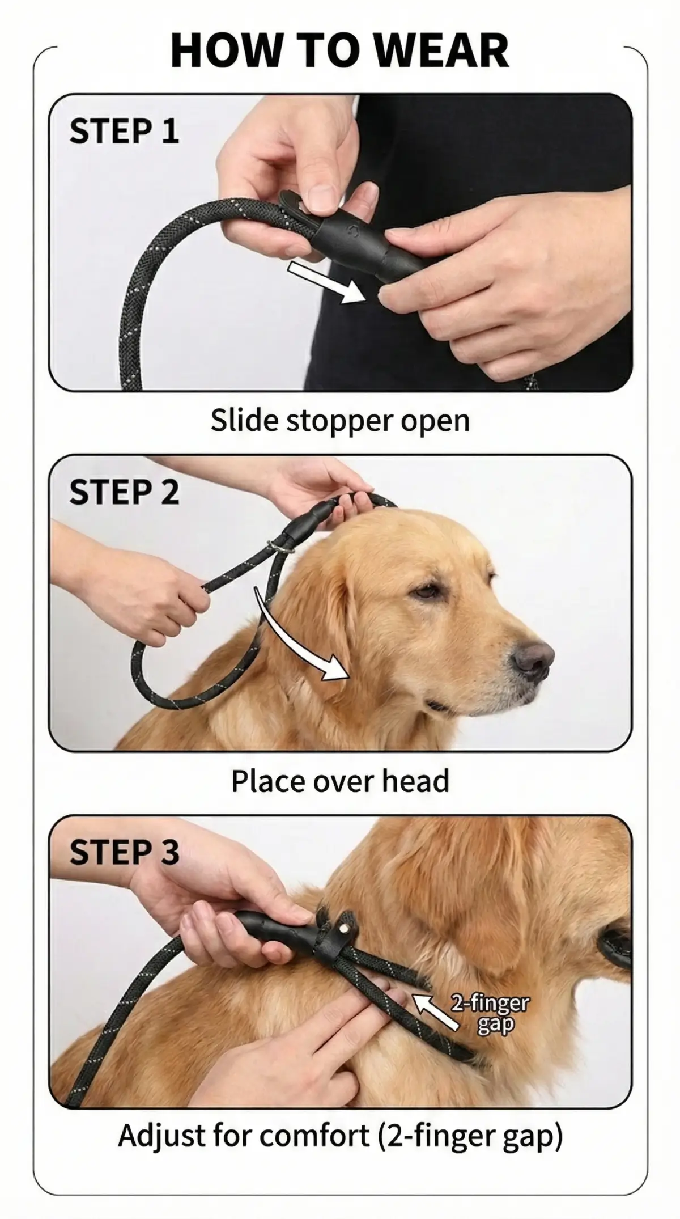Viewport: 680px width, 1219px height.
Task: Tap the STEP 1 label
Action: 124,132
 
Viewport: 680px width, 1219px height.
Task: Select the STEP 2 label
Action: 124,492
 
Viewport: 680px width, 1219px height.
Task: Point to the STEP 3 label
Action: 124,852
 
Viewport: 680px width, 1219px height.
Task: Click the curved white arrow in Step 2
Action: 295,641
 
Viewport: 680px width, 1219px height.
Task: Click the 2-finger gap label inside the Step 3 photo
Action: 490,1013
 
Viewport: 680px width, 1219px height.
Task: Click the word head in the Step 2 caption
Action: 415,781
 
